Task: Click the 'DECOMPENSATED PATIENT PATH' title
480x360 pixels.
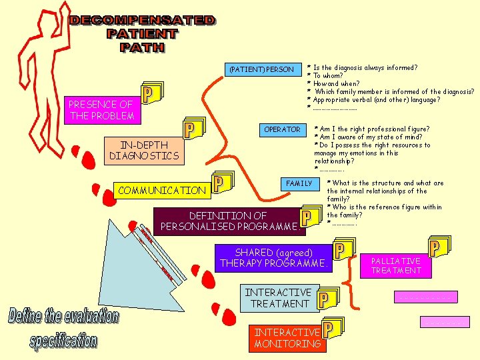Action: pos(142,33)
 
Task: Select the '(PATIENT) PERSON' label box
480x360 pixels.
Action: pos(261,69)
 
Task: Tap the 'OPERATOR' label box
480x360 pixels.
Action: pos(282,129)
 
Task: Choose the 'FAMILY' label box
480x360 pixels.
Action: pos(299,183)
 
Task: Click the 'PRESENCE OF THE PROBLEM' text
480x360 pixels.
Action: pos(101,110)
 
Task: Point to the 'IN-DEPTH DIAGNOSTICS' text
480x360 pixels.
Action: pos(144,150)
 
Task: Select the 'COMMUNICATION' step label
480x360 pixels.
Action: pos(162,190)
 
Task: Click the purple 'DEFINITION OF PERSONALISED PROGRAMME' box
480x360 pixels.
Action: pos(227,221)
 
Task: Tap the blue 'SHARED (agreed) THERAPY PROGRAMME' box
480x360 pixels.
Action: pos(273,258)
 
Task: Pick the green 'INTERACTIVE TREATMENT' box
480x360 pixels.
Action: pos(278,298)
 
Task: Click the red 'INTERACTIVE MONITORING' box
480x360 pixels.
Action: pos(287,338)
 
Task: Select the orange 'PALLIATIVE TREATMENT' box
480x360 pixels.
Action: pos(396,265)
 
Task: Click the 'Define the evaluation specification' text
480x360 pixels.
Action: pos(63,328)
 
